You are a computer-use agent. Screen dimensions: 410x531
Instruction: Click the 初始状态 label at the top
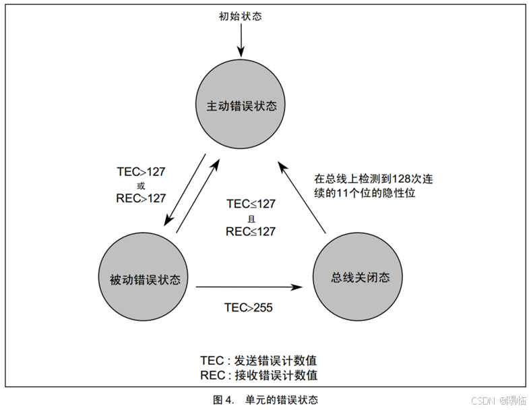[x=240, y=16]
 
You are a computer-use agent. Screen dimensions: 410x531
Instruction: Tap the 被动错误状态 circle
[x=144, y=279]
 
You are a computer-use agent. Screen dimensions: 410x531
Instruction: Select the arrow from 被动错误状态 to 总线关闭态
[x=249, y=288]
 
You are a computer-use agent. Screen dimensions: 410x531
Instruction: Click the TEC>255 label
[x=249, y=307]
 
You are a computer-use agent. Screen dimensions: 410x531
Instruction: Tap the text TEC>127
[x=141, y=171]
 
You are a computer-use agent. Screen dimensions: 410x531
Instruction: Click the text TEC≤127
[x=251, y=204]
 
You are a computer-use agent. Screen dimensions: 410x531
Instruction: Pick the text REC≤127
[x=251, y=231]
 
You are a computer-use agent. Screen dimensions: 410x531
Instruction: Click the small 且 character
[x=251, y=217]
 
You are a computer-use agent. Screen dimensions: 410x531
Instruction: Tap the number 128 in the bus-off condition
[x=402, y=179]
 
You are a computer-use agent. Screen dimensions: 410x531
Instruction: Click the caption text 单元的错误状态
[x=282, y=399]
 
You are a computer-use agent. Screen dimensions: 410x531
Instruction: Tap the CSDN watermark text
[x=482, y=400]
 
